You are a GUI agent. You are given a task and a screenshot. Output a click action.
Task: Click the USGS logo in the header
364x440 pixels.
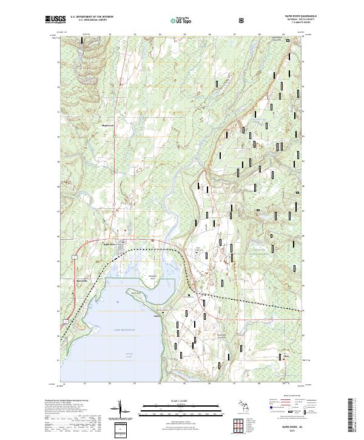click(x=55, y=19)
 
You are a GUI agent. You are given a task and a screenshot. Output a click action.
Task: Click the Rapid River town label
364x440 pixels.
click(x=110, y=244)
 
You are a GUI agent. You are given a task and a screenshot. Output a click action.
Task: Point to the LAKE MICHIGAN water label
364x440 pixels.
click(x=123, y=330)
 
